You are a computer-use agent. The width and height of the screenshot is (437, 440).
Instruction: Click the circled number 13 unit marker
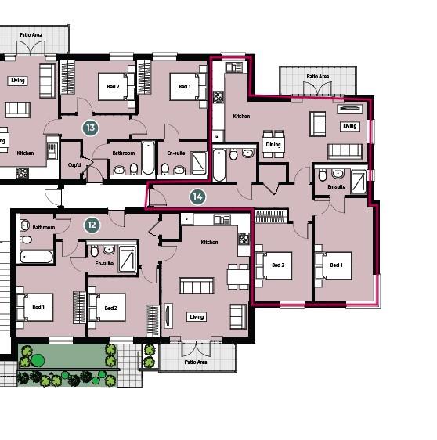click(91, 127)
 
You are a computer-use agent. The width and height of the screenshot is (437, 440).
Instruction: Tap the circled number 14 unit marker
click(197, 196)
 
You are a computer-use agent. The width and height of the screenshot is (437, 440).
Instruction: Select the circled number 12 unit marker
click(92, 225)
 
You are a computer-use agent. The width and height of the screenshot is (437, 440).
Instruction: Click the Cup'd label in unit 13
click(74, 164)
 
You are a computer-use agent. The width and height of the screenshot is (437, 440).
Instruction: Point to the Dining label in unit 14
click(273, 145)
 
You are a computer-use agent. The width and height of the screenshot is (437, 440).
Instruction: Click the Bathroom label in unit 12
click(44, 227)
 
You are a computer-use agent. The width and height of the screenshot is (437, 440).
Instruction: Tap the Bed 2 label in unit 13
click(108, 87)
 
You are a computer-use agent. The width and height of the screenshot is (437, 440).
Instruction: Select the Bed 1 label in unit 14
click(336, 265)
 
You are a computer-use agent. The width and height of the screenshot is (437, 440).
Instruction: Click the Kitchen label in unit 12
click(209, 242)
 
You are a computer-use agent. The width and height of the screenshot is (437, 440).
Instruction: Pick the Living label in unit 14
click(349, 126)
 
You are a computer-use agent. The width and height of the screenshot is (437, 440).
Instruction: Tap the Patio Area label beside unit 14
click(318, 76)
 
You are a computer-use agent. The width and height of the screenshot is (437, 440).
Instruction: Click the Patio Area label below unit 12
click(195, 362)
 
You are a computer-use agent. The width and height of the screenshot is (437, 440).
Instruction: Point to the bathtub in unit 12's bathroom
click(38, 256)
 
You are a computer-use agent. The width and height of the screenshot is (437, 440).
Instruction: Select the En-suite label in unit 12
click(103, 264)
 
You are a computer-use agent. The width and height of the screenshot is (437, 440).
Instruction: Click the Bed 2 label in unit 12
click(110, 308)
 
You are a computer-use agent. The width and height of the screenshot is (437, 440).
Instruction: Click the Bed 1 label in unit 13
click(184, 87)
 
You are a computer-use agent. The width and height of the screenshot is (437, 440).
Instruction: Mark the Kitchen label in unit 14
click(241, 117)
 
